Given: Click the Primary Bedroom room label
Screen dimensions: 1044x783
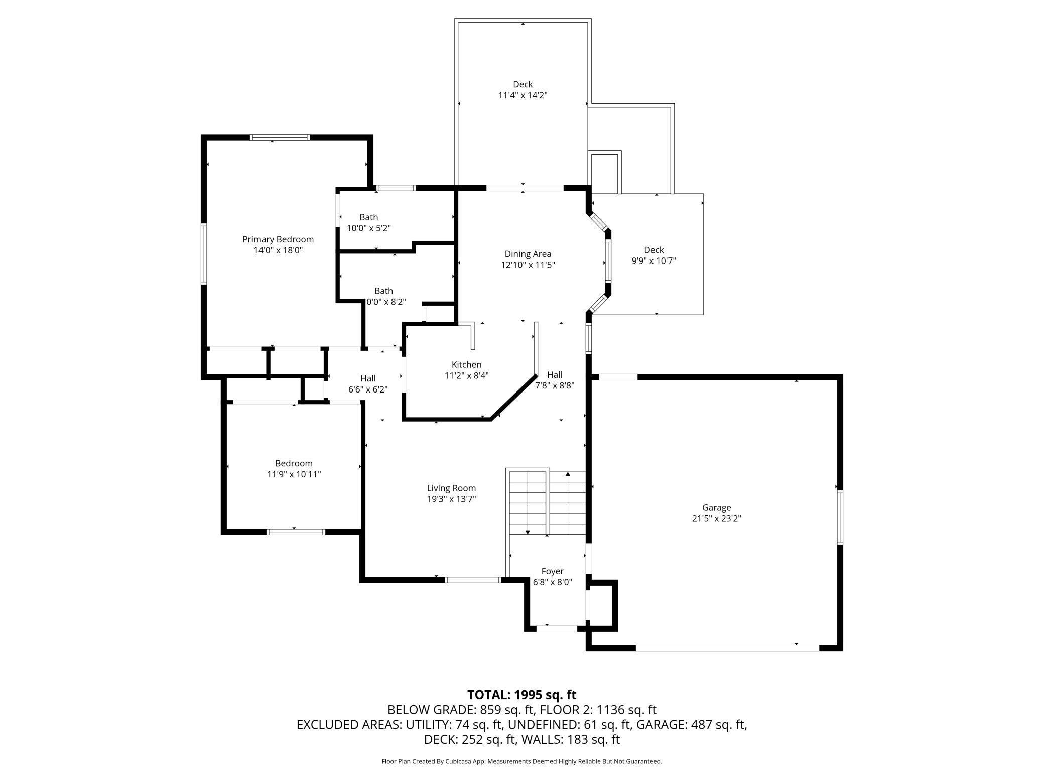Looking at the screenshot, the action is tap(278, 239).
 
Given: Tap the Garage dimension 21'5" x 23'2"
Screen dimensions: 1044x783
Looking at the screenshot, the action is tap(716, 519).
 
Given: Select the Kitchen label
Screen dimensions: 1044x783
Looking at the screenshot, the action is tap(466, 365).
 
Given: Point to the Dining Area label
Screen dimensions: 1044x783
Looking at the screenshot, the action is tap(528, 254).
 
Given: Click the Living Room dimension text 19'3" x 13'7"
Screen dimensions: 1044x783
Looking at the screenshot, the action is tap(451, 499).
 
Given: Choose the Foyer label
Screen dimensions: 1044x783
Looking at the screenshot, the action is tap(552, 571).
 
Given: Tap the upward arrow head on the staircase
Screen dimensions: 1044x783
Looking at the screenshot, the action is tap(568, 474).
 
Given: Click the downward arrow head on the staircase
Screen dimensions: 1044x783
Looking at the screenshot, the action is tap(528, 532).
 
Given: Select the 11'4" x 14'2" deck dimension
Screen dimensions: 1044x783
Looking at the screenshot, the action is tap(523, 95).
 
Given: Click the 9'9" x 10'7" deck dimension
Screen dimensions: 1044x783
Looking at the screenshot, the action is tap(654, 261).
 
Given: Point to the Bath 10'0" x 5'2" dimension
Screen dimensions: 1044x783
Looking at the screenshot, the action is tap(369, 228).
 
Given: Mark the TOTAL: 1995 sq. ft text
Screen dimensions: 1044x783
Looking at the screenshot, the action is tap(521, 695).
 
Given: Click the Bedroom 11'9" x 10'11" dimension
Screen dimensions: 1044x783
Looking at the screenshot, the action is tap(294, 474).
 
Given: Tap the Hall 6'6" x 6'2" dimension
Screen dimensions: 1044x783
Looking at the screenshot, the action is tap(368, 389).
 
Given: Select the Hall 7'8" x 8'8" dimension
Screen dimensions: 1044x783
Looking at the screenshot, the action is tap(555, 386).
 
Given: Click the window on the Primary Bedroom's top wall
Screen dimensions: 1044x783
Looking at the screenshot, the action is tap(280, 137).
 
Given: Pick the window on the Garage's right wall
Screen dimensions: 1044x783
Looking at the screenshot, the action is tap(840, 517).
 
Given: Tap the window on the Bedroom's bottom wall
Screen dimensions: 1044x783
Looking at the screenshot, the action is tap(296, 532).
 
